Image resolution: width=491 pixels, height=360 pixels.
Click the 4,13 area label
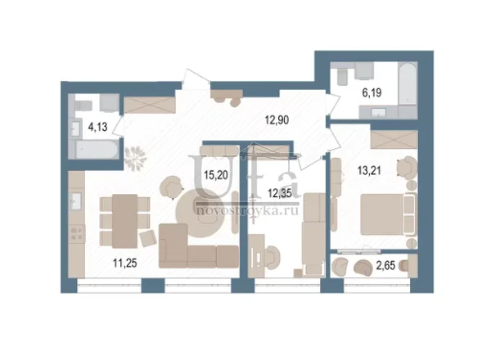(x=97, y=127)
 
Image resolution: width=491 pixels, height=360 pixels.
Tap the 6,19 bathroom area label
(x=372, y=93)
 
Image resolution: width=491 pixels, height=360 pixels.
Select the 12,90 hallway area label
(x=277, y=120)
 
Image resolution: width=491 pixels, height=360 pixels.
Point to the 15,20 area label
(x=216, y=175)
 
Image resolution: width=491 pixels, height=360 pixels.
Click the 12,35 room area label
(x=280, y=193)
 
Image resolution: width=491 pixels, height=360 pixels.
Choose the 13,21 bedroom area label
(x=369, y=171)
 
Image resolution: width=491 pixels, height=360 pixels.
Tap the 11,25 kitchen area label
(x=125, y=263)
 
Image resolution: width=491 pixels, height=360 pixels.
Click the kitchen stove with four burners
(x=77, y=233)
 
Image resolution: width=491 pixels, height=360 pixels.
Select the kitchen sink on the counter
(x=76, y=201)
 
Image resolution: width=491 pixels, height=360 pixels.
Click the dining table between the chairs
(x=125, y=221)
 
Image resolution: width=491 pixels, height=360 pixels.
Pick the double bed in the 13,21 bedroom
(x=389, y=214)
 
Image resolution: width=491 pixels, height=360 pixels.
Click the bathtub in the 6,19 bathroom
(x=408, y=83)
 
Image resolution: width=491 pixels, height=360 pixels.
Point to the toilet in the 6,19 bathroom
(x=342, y=76)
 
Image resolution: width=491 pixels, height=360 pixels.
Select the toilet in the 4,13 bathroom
(x=83, y=106)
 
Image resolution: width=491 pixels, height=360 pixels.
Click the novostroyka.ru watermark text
(x=247, y=211)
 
